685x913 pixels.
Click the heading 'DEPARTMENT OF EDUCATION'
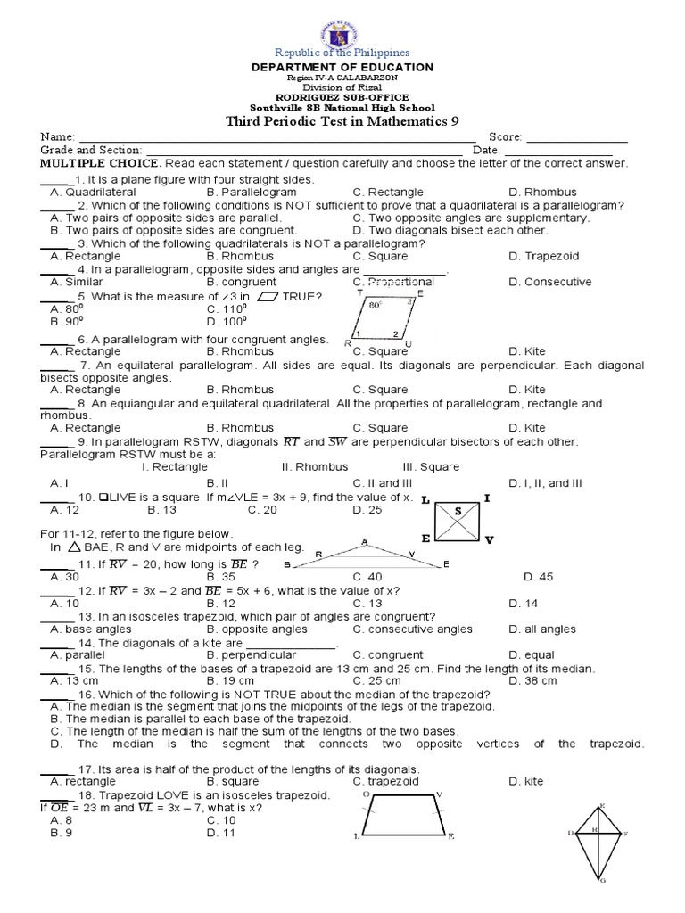tap(342, 68)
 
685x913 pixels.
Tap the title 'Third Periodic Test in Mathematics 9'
tap(342, 122)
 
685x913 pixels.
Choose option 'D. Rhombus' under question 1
tap(542, 192)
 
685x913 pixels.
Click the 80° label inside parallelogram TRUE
tap(375, 305)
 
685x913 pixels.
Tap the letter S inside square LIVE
tap(458, 511)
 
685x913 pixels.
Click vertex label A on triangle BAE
tap(364, 541)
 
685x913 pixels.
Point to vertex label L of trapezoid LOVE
tap(357, 836)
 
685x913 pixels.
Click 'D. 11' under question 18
tap(220, 833)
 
